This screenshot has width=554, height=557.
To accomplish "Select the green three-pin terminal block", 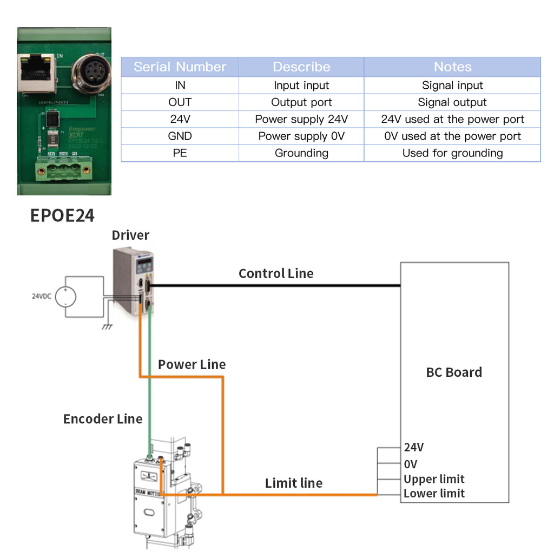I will (57, 169).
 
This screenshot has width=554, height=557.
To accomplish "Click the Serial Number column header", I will (180, 67).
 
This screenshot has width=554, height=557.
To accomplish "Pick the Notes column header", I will (452, 67).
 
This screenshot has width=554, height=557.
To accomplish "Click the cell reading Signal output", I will (452, 102).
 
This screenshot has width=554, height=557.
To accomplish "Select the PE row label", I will (180, 153).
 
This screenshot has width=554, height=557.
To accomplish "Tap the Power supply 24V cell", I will (301, 119).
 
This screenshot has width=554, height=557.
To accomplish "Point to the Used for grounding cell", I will (452, 153).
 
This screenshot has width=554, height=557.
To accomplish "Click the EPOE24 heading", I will (62, 215).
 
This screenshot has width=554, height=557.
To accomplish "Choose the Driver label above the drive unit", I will (130, 235).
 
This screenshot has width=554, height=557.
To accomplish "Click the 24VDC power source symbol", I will (65, 296).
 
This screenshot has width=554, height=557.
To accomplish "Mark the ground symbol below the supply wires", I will (107, 326).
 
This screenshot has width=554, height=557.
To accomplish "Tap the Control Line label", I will (276, 274).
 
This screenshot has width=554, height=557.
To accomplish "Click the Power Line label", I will (192, 365).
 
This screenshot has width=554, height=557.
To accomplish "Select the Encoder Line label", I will (103, 419).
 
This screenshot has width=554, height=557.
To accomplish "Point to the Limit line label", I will (294, 483).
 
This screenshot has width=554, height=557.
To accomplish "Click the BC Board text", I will (454, 372).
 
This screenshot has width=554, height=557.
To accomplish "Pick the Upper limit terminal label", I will (434, 479).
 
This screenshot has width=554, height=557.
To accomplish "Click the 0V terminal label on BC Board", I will (411, 464).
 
